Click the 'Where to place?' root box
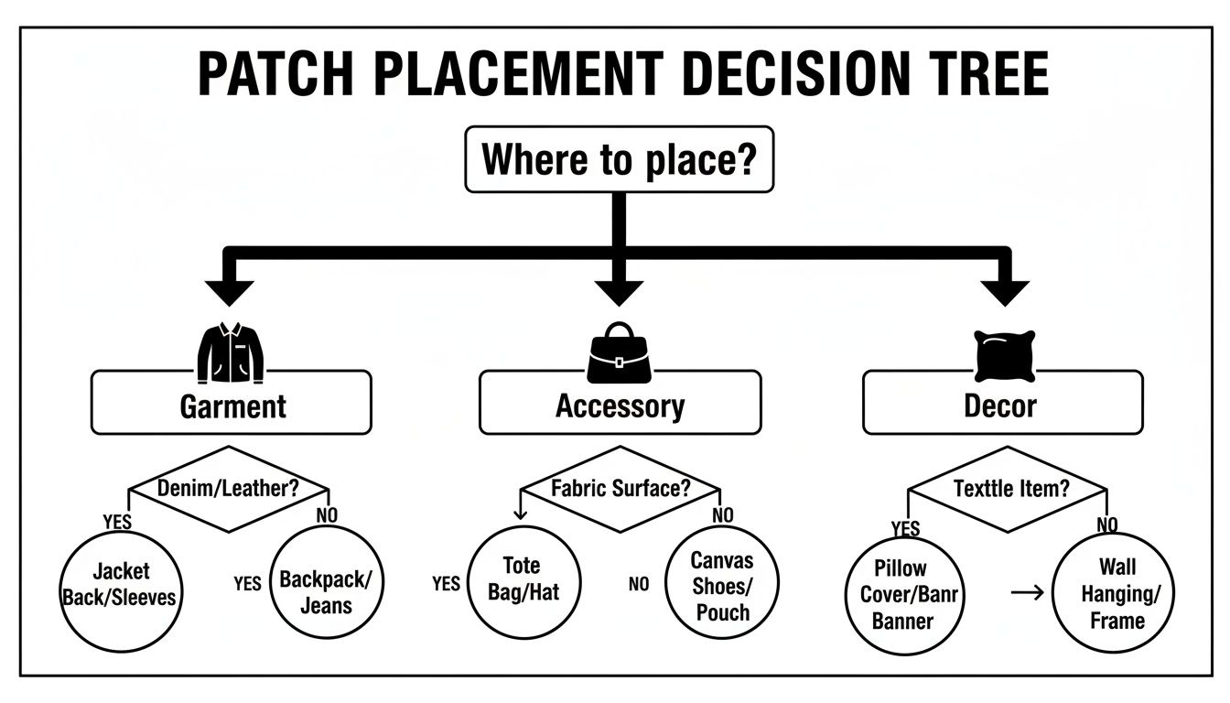(619, 160)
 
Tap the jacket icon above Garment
(231, 351)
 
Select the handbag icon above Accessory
(619, 353)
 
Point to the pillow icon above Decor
(1004, 356)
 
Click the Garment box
(232, 404)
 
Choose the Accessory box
(620, 404)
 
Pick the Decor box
(1002, 404)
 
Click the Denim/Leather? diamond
(229, 489)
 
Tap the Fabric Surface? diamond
(620, 488)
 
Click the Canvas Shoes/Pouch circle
(722, 583)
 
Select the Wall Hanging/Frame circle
(1112, 595)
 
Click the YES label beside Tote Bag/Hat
(446, 583)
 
